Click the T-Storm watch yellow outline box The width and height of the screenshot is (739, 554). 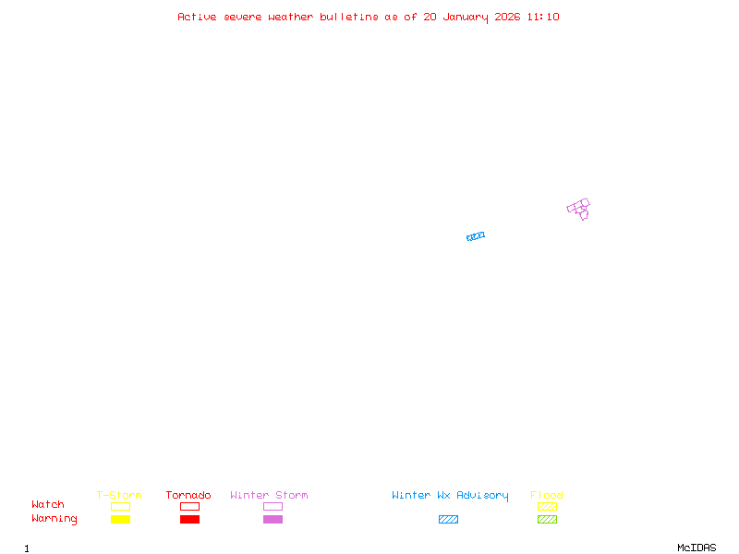(x=120, y=506)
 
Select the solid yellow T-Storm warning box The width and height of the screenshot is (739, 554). (x=120, y=519)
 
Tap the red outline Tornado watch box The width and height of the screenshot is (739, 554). (x=189, y=506)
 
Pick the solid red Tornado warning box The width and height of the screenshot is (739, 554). (x=189, y=519)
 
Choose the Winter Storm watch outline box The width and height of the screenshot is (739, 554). (x=273, y=506)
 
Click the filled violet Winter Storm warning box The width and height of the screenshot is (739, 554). (x=273, y=519)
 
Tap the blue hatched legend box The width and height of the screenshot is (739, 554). (x=448, y=519)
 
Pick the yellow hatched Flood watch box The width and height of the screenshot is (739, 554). (x=547, y=506)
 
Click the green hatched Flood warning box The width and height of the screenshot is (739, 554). (x=547, y=519)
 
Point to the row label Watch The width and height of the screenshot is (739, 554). (x=48, y=505)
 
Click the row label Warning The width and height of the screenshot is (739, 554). (x=55, y=519)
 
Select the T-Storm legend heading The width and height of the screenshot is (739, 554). (x=119, y=495)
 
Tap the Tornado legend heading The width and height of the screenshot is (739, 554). (x=188, y=495)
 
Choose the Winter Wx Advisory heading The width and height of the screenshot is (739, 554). (x=450, y=495)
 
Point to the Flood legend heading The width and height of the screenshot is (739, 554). (x=547, y=495)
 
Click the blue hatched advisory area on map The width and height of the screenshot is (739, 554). (x=476, y=236)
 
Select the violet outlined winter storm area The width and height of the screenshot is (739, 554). (x=579, y=208)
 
